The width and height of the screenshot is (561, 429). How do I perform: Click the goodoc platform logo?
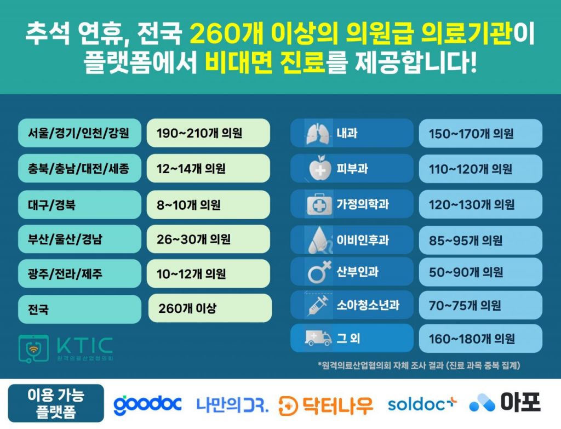click(x=147, y=404)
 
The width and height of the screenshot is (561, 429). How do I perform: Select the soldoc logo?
click(x=422, y=404)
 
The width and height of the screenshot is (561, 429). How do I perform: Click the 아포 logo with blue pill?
click(x=505, y=403)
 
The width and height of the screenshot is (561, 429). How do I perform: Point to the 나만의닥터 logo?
click(x=232, y=405)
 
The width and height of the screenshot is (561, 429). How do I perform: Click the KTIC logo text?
click(x=85, y=345)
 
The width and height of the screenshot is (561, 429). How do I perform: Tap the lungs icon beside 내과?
click(x=317, y=134)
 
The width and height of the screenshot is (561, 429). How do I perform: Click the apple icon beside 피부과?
click(x=320, y=168)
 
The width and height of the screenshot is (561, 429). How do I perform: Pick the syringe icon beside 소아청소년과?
click(x=318, y=305)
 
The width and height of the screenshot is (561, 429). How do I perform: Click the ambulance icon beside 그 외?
click(x=318, y=338)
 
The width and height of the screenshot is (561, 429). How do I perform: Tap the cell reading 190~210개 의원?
click(x=208, y=133)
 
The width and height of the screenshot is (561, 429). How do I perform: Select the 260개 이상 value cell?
click(x=210, y=308)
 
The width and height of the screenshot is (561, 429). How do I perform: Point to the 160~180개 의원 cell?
click(x=480, y=339)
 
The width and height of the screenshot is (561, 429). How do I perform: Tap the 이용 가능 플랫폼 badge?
click(x=56, y=403)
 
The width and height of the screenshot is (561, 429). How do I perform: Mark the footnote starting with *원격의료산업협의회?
click(x=419, y=365)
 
